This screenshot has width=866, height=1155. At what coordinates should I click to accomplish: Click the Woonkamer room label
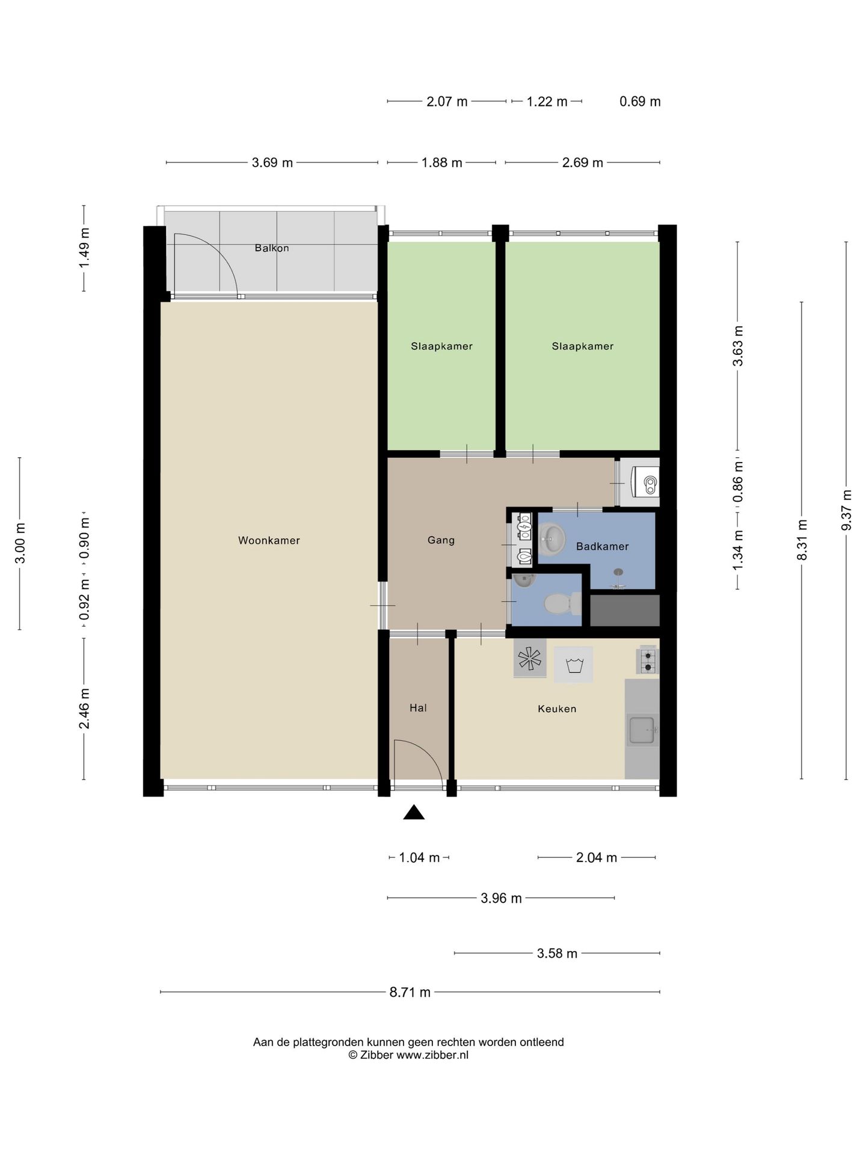coord(269,540)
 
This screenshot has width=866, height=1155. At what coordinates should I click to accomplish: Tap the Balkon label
coord(272,248)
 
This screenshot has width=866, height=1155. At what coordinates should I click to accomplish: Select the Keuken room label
coord(557,709)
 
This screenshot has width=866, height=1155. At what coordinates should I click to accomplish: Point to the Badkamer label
coord(602,546)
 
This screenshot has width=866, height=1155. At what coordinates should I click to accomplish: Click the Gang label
coord(441,540)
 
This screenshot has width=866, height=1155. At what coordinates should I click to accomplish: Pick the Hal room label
coord(418,708)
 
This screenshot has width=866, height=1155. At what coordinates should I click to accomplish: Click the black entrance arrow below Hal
coord(414,812)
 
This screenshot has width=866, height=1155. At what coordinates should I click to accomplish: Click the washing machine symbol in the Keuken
coord(573,665)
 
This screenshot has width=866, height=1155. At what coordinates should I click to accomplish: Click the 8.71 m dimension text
coord(410,993)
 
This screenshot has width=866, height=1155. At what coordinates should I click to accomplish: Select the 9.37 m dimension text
coord(847,510)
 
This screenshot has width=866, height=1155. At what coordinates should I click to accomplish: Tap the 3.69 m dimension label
coord(272,162)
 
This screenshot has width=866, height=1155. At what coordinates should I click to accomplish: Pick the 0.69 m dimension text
coord(640,102)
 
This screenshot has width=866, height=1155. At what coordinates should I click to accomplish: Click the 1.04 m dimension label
coord(419,858)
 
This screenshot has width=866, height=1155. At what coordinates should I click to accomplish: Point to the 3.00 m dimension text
coord(20,543)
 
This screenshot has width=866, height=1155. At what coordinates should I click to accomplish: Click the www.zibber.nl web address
coord(432,1055)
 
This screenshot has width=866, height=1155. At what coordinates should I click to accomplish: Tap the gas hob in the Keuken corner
coord(648,660)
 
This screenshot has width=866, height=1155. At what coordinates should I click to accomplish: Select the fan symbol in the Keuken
coord(530,659)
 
